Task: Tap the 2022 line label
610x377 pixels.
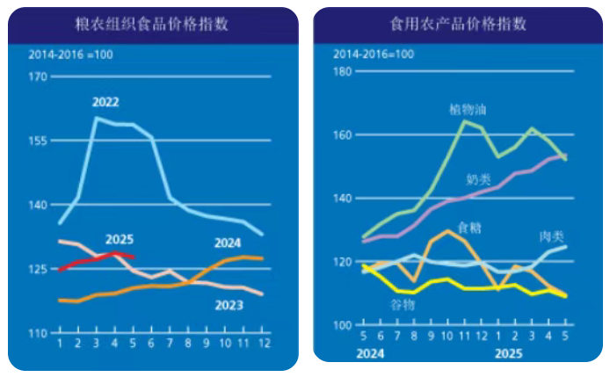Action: (x=105, y=102)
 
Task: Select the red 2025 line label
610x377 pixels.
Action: (x=119, y=239)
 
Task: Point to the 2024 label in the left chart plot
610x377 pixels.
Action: (x=228, y=243)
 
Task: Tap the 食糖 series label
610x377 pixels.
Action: (x=469, y=227)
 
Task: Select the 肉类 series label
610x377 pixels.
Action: (x=552, y=236)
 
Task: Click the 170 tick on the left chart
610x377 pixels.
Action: (x=38, y=76)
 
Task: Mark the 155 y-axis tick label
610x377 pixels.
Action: (x=38, y=141)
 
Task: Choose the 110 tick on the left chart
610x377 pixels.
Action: (x=38, y=334)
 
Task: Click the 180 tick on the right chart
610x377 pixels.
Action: (x=343, y=71)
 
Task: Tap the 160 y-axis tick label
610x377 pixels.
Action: (x=343, y=134)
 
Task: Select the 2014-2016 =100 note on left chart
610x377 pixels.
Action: (x=71, y=54)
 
